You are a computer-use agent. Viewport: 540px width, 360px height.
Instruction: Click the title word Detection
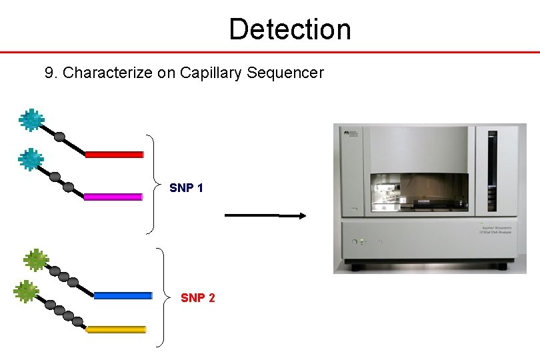click(x=289, y=29)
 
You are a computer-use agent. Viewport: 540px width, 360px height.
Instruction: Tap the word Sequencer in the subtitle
click(x=285, y=73)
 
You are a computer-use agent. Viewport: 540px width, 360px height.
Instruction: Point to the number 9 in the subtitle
click(x=49, y=73)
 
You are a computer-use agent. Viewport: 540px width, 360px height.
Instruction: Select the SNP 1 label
click(x=186, y=188)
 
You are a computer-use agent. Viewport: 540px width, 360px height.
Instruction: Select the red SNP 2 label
click(x=197, y=298)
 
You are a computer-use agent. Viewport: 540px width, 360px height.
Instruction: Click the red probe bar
click(x=114, y=155)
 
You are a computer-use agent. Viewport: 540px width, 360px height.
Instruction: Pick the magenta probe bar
click(x=113, y=197)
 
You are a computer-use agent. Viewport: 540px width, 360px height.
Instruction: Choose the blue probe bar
click(x=123, y=295)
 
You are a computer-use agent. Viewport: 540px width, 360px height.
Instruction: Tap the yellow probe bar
click(x=116, y=329)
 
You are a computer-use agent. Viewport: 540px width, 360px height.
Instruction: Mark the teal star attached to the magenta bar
click(x=30, y=160)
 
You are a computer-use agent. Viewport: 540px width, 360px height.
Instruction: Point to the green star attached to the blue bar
click(x=35, y=260)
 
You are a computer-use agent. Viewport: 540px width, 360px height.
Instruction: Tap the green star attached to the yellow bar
click(x=26, y=291)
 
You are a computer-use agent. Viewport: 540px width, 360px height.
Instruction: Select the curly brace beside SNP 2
click(x=162, y=297)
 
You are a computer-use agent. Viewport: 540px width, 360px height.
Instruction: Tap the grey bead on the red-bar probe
click(x=59, y=137)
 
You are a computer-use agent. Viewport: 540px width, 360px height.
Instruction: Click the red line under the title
click(x=270, y=52)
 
